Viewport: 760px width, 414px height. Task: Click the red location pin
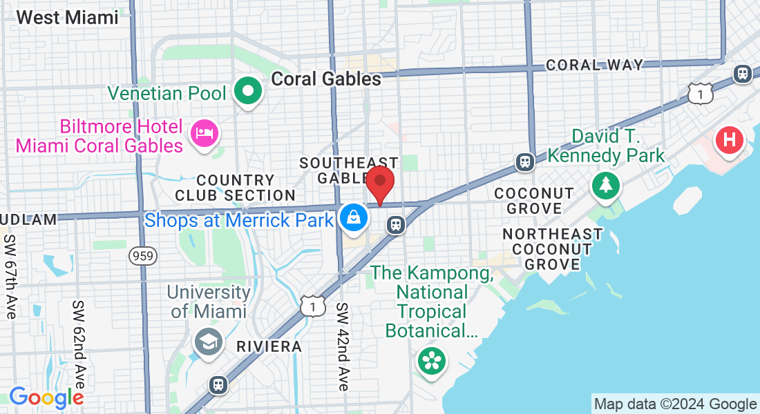click(x=380, y=184)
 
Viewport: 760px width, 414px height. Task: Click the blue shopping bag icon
click(x=354, y=218)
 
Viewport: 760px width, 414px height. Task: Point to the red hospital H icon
click(x=729, y=141)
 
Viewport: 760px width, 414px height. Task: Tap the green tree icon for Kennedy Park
click(x=606, y=185)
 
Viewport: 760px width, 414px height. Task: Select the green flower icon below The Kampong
click(x=432, y=361)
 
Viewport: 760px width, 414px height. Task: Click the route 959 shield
click(x=143, y=256)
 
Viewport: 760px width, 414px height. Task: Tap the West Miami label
click(x=68, y=17)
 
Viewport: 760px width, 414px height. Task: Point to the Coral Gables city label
click(x=326, y=79)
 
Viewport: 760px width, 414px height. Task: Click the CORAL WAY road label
click(x=594, y=65)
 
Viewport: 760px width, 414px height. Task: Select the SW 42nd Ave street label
click(x=343, y=346)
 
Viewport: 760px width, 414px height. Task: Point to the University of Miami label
click(x=208, y=301)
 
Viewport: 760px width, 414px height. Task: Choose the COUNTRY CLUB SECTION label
click(x=235, y=188)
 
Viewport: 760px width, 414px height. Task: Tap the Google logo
click(x=46, y=397)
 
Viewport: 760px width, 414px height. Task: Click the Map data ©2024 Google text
click(x=675, y=404)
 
